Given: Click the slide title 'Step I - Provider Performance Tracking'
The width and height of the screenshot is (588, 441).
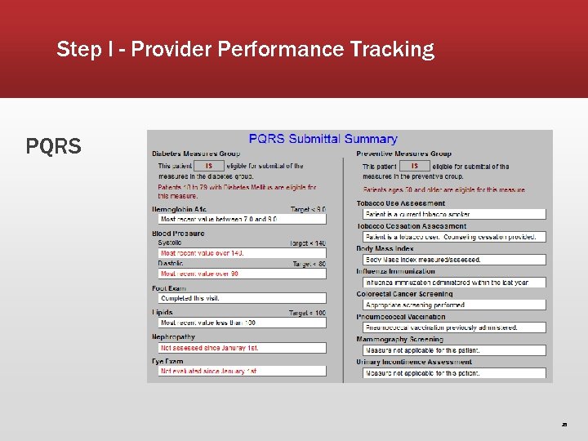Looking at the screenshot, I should [245, 50].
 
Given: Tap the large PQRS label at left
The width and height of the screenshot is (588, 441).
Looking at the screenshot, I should [54, 147].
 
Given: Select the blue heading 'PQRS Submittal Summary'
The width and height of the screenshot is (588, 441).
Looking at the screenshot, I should [323, 139].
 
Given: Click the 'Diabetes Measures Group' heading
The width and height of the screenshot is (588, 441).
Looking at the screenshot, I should [194, 154].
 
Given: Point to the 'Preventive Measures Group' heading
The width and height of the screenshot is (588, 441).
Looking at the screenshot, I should [403, 154].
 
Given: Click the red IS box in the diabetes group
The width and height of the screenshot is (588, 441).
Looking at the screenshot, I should [209, 166].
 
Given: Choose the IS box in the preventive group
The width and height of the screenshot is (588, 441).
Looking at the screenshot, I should [414, 166].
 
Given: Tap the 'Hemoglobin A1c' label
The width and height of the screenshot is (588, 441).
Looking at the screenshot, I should [179, 210].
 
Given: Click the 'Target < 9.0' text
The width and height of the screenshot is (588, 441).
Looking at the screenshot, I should [307, 210].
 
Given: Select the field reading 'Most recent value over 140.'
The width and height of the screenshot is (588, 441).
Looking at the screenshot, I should [243, 253].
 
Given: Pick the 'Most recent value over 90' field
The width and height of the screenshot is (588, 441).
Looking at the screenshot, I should [243, 274].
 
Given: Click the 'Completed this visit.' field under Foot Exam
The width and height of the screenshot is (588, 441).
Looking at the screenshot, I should [243, 299].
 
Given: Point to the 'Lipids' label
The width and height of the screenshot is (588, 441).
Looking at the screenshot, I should [163, 313].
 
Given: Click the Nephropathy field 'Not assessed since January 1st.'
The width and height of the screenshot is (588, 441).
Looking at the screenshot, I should [243, 348].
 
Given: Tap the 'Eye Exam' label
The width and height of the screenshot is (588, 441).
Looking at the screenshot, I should [167, 361].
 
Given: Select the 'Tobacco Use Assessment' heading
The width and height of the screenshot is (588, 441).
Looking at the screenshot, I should [401, 203].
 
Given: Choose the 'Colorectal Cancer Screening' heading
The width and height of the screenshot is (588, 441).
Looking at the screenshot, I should [404, 294].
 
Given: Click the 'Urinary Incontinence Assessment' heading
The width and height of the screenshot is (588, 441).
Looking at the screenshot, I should [414, 362].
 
